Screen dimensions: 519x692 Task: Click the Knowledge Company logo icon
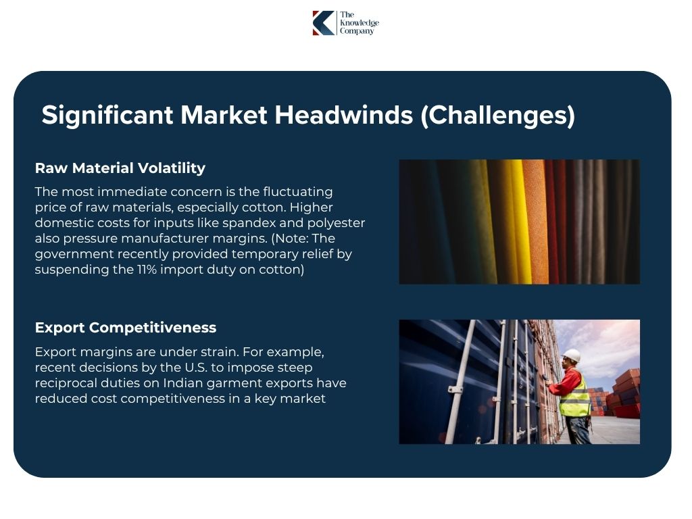[x=323, y=23]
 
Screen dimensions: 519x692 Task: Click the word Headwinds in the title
[x=343, y=115]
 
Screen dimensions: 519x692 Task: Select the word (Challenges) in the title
[x=497, y=115]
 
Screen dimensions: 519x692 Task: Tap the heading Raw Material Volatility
[x=120, y=168]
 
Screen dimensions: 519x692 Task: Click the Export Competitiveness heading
[x=126, y=328]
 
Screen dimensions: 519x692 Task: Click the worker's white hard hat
[x=572, y=355]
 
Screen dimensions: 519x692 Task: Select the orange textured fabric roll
[x=534, y=222]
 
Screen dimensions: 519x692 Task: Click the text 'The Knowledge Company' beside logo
[x=359, y=23]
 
